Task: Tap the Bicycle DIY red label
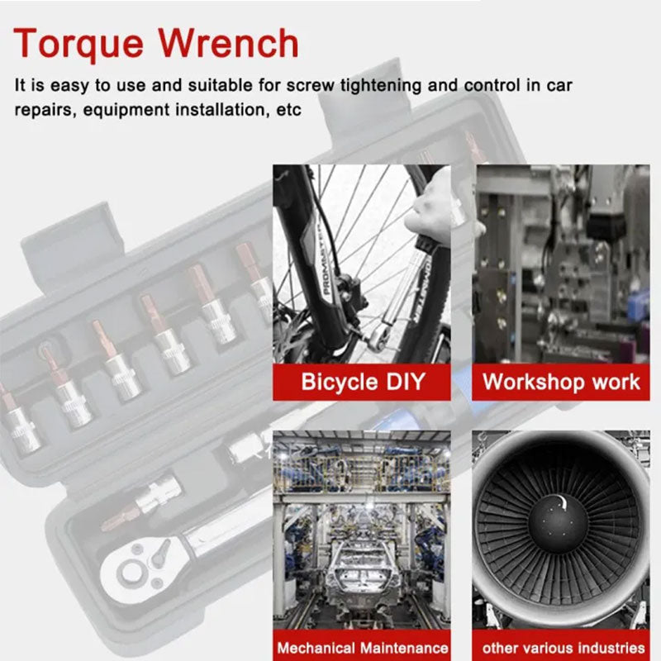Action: click(x=362, y=382)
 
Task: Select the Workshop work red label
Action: click(x=561, y=382)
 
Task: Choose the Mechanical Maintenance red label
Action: click(x=362, y=648)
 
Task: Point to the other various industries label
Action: click(x=562, y=648)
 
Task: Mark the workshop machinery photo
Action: click(x=561, y=264)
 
